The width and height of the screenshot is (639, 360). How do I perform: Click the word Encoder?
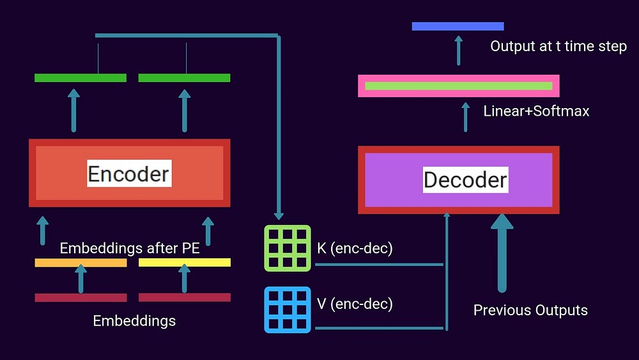(129, 173)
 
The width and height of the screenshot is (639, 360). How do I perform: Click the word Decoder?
(465, 180)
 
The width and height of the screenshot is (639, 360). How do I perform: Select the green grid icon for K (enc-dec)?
(288, 248)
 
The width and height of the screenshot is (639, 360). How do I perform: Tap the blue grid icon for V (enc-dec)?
(288, 310)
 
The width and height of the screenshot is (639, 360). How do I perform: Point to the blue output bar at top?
(458, 26)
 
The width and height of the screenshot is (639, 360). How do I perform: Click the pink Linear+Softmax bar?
(458, 86)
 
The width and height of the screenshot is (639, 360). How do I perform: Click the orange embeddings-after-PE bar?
(81, 263)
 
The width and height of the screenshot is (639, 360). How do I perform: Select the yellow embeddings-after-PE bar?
(185, 263)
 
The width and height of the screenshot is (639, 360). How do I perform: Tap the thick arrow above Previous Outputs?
(502, 253)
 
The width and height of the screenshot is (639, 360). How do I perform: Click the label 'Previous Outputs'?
(530, 311)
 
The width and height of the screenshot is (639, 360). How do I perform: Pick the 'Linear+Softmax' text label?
(536, 111)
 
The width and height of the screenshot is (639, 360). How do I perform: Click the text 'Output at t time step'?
(558, 47)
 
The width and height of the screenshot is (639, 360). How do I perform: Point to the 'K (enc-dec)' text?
(355, 248)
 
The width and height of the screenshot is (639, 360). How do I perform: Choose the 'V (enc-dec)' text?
(355, 304)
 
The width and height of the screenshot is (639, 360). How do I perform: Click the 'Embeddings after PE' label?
(130, 248)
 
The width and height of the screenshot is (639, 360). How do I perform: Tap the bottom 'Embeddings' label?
(134, 320)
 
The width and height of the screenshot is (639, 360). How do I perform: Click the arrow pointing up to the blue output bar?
(458, 49)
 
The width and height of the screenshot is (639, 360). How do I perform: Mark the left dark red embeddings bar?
(81, 297)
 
